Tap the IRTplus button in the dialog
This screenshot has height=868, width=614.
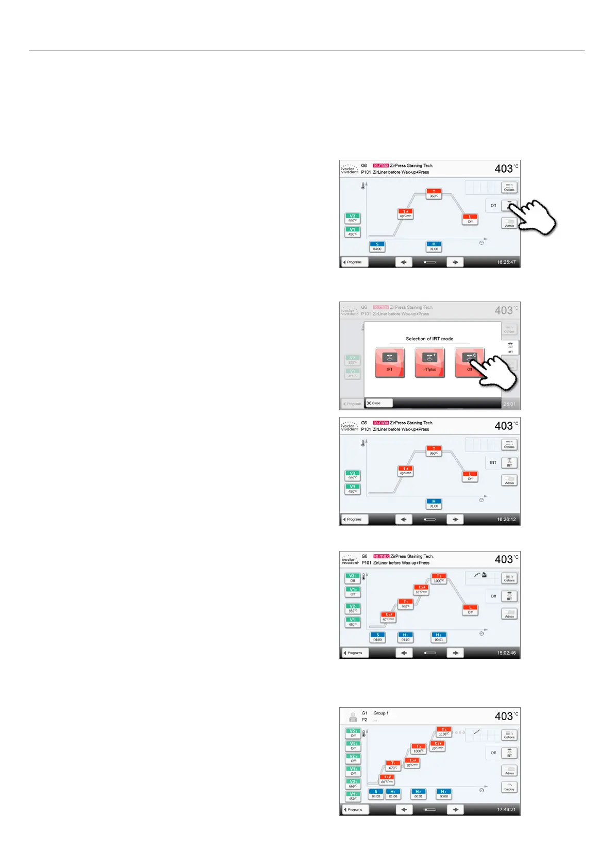pyautogui.click(x=429, y=362)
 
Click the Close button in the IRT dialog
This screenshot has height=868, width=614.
pyautogui.click(x=378, y=403)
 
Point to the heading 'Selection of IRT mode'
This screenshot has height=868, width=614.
pyautogui.click(x=429, y=339)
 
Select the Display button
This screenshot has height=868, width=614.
pyautogui.click(x=509, y=787)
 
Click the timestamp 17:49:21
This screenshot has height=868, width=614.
pyautogui.click(x=506, y=809)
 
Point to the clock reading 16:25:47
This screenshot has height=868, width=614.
pyautogui.click(x=506, y=262)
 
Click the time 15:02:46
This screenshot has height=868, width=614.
pyautogui.click(x=506, y=653)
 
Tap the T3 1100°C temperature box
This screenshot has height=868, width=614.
pyautogui.click(x=443, y=732)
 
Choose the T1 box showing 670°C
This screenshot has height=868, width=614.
pyautogui.click(x=392, y=765)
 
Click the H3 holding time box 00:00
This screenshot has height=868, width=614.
pyautogui.click(x=443, y=794)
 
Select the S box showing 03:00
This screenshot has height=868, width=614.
pyautogui.click(x=376, y=794)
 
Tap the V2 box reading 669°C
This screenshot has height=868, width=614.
pyautogui.click(x=353, y=784)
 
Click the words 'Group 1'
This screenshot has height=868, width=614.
pyautogui.click(x=381, y=713)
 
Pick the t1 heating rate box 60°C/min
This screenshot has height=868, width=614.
pyautogui.click(x=387, y=779)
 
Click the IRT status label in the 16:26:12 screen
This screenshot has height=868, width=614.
pyautogui.click(x=493, y=463)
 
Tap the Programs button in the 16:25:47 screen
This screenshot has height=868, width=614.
pyautogui.click(x=354, y=262)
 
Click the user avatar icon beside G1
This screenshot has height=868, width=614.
pyautogui.click(x=353, y=716)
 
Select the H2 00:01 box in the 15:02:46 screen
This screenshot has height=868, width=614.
pyautogui.click(x=439, y=638)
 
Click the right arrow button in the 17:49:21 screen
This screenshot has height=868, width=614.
pyautogui.click(x=455, y=809)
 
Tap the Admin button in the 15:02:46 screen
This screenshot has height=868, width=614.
pyautogui.click(x=509, y=614)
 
